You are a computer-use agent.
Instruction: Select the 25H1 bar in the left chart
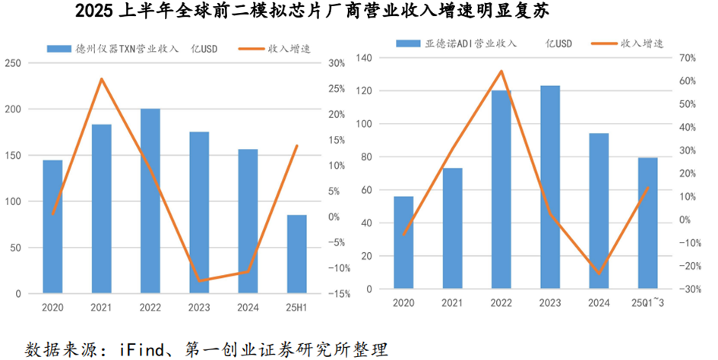click(296, 254)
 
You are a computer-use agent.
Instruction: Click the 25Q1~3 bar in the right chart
click(647, 223)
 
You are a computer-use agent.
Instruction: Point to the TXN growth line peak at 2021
click(102, 79)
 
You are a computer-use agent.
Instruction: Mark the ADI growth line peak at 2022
click(501, 71)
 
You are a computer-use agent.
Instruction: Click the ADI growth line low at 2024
click(599, 273)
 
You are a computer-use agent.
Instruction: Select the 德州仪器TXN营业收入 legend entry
click(114, 49)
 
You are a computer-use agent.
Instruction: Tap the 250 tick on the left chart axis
click(13, 63)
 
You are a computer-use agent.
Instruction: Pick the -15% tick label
click(339, 293)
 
